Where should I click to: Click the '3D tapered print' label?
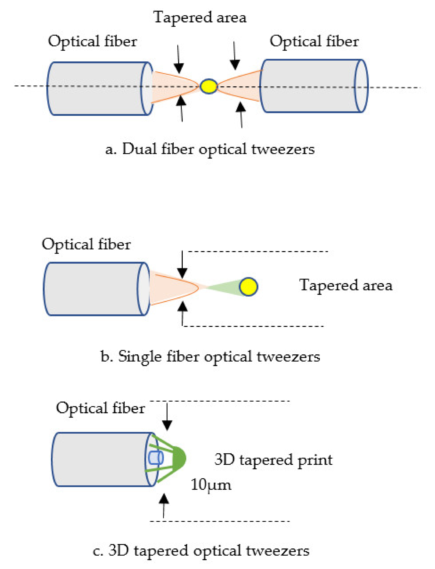[x=273, y=460]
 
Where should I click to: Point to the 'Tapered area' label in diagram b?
[x=346, y=285]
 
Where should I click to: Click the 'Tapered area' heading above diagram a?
[x=200, y=18]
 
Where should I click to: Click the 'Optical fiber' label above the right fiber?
[x=314, y=41]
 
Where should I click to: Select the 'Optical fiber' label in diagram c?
[x=100, y=408]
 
